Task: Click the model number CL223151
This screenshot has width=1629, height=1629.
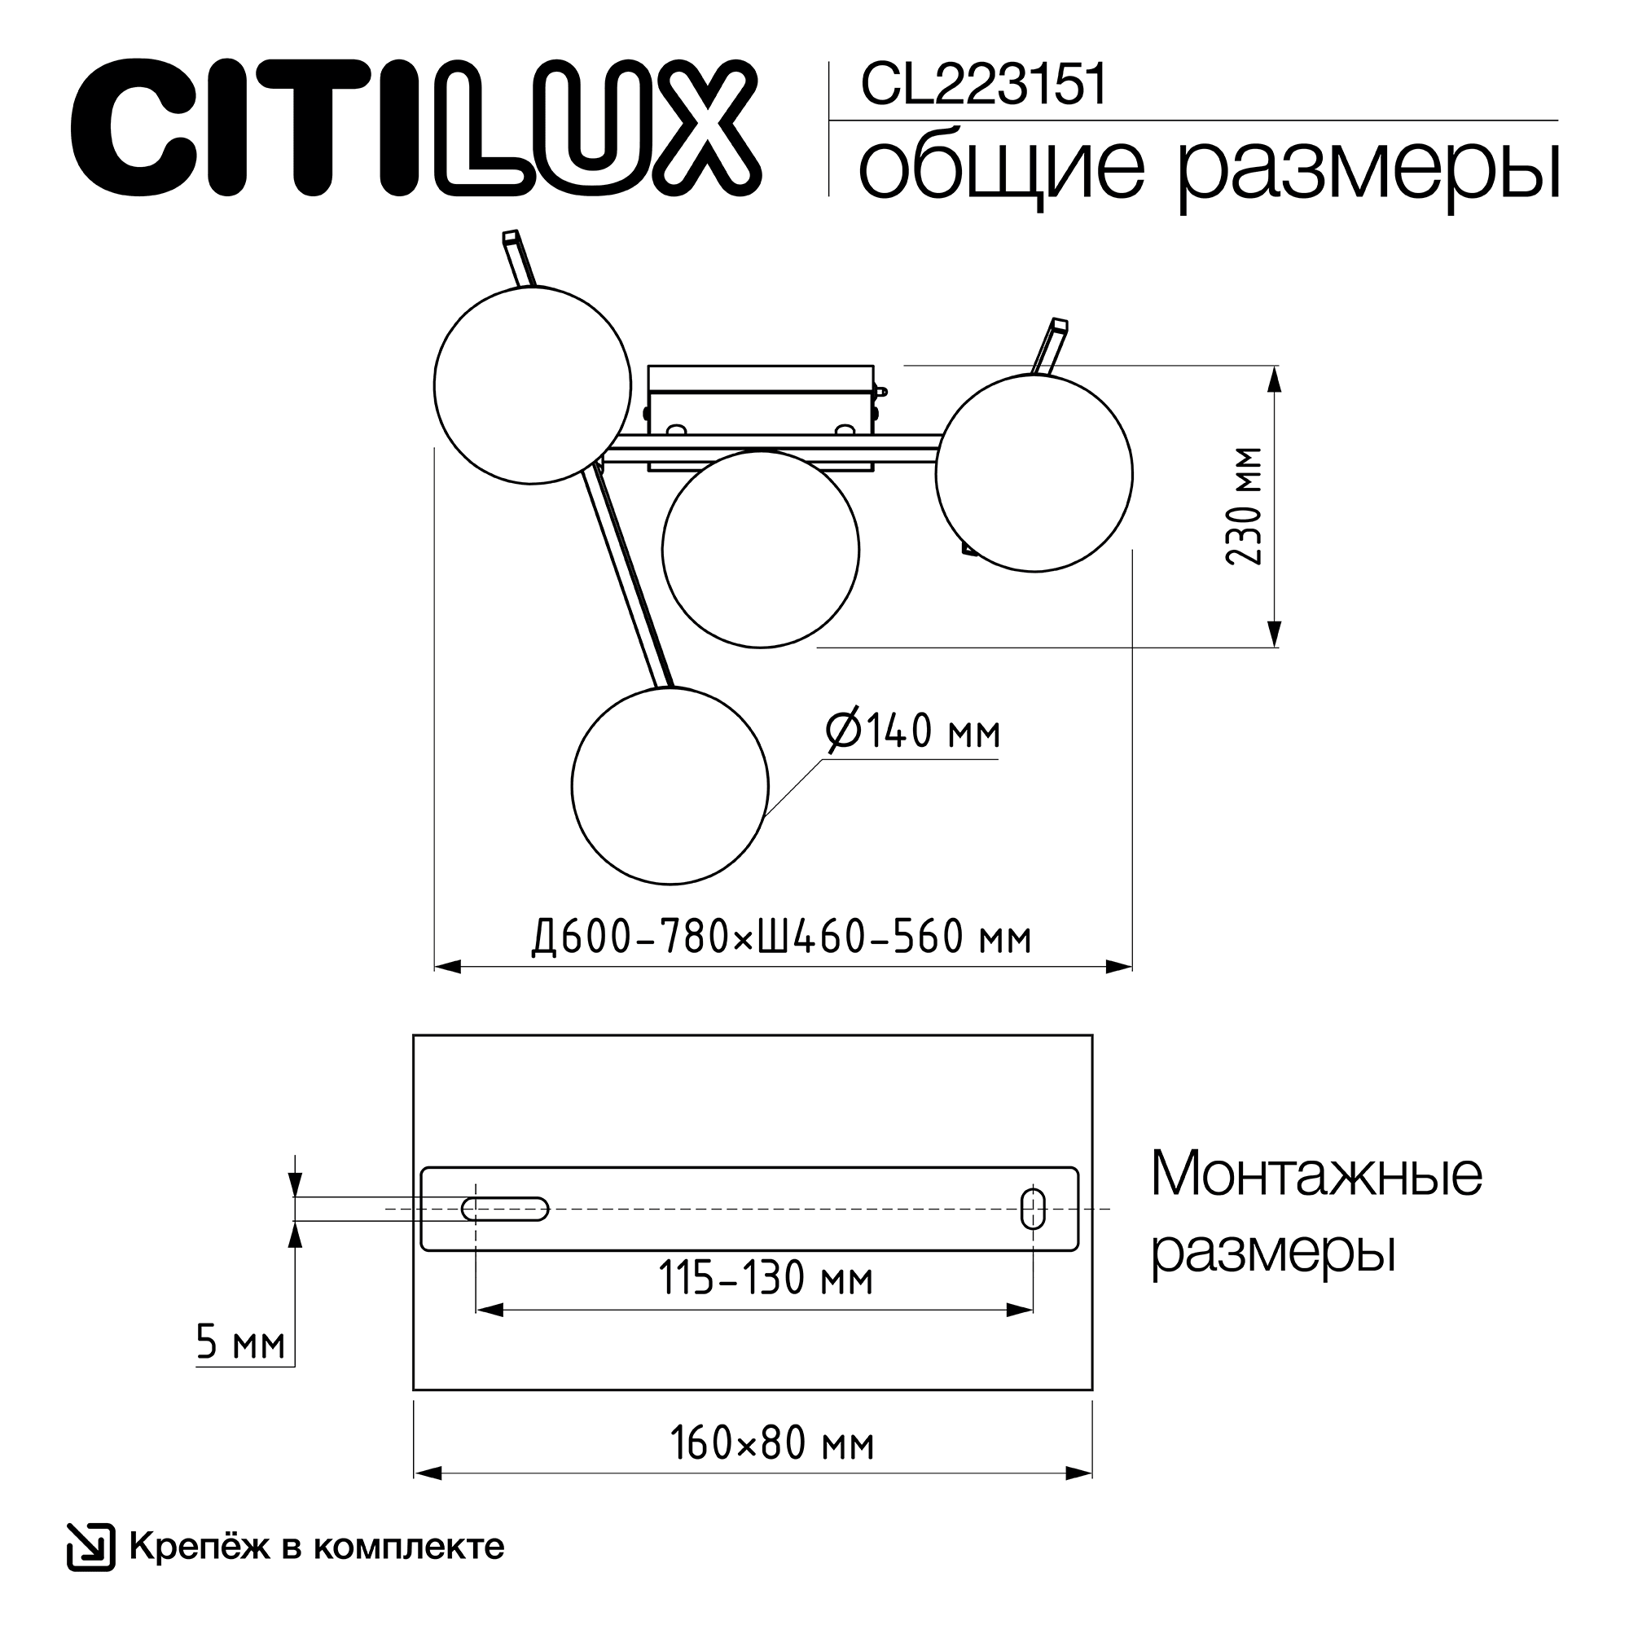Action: coord(983,86)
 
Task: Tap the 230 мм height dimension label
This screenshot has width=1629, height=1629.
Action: coord(1244,506)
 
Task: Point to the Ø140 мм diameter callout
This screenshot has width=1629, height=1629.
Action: coord(913,730)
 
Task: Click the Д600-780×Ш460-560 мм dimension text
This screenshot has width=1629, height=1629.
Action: coord(782,937)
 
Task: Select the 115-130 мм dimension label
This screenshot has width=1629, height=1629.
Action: coord(766,1278)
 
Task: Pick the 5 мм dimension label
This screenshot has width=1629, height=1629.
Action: coord(240,1342)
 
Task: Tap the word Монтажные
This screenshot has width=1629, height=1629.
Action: coord(1316,1175)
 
